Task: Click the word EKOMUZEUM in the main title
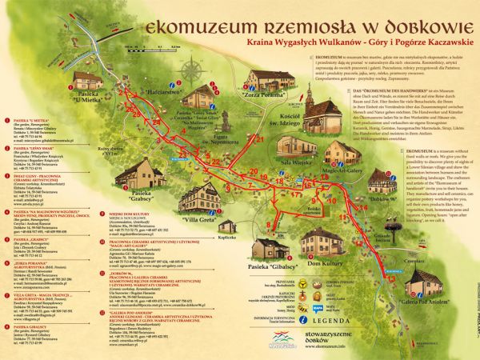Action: tap(214, 26)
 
